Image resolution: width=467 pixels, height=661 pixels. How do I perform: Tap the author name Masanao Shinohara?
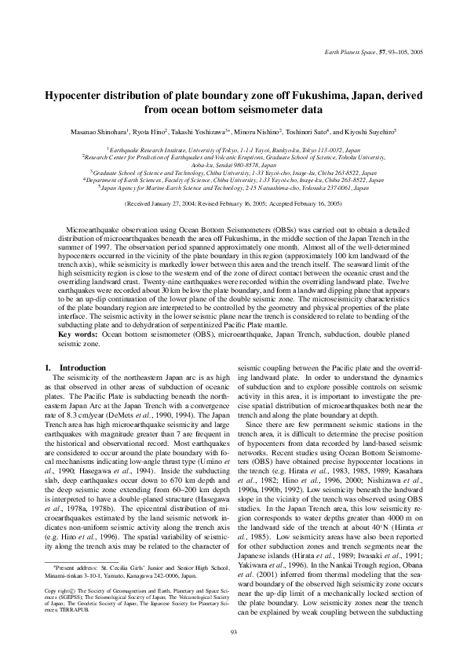point(79,133)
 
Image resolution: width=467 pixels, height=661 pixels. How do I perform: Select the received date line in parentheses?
point(233,203)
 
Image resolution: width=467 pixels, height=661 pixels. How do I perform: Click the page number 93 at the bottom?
point(233,630)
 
